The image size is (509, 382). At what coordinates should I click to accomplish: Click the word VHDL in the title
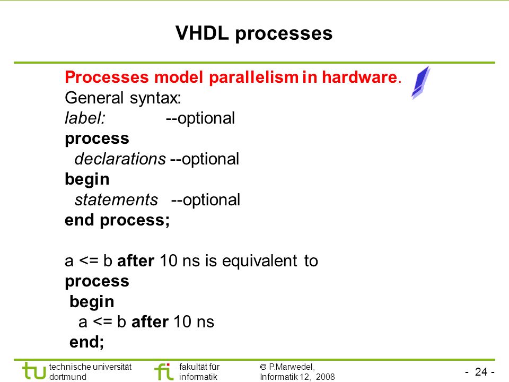tap(202, 33)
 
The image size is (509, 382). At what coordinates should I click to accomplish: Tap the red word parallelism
tap(253, 77)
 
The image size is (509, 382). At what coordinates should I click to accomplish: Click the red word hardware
tap(359, 77)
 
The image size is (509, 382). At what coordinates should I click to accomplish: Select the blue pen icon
tap(420, 83)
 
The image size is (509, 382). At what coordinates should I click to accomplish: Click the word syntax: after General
tap(155, 98)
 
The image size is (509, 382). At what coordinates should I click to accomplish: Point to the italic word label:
tap(85, 118)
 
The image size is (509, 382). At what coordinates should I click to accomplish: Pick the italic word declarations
tap(120, 159)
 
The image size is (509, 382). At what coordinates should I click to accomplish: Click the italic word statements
tap(116, 199)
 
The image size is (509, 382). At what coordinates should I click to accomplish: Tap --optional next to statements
tap(206, 200)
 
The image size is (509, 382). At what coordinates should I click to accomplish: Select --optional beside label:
tap(200, 118)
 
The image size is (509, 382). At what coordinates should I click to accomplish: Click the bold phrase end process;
tap(117, 220)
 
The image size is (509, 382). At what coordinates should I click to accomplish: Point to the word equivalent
tap(259, 261)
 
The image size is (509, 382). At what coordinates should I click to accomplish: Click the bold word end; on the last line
tap(86, 342)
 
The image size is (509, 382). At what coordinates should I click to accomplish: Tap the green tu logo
tap(34, 371)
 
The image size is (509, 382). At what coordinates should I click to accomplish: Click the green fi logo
tap(164, 371)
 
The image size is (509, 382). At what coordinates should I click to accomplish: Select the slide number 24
tap(481, 371)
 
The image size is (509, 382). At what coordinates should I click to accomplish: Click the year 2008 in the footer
tap(325, 377)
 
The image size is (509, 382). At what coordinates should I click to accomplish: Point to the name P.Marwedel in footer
tap(292, 367)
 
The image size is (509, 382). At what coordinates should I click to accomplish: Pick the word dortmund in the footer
tap(67, 377)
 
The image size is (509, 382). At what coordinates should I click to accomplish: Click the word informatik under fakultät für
tap(198, 377)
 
